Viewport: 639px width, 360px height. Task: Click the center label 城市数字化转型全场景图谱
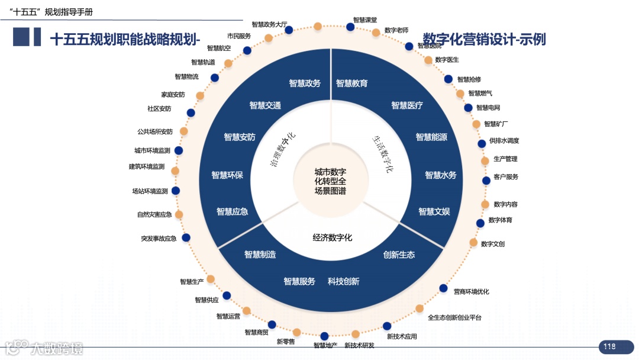click(330, 181)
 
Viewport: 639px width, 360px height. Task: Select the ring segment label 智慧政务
click(305, 83)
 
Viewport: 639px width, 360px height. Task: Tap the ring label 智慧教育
click(352, 83)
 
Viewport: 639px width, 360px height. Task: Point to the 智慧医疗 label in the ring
click(407, 105)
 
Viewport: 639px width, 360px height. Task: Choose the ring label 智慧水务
click(441, 175)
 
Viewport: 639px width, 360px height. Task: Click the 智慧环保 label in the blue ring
click(227, 175)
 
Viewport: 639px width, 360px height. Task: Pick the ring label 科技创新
click(344, 282)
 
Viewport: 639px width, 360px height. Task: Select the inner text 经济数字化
click(333, 238)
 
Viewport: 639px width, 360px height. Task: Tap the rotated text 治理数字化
click(283, 150)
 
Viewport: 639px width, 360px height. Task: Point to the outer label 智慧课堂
click(365, 20)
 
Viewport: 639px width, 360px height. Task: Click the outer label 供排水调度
click(504, 141)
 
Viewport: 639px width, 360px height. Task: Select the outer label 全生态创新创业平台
click(454, 318)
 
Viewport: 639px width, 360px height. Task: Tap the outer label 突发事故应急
click(159, 239)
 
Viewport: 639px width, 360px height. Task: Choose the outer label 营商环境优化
click(471, 292)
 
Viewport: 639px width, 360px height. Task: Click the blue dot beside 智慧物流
click(215, 78)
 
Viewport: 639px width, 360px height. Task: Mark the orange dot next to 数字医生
click(428, 60)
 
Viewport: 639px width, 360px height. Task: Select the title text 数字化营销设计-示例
click(485, 39)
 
